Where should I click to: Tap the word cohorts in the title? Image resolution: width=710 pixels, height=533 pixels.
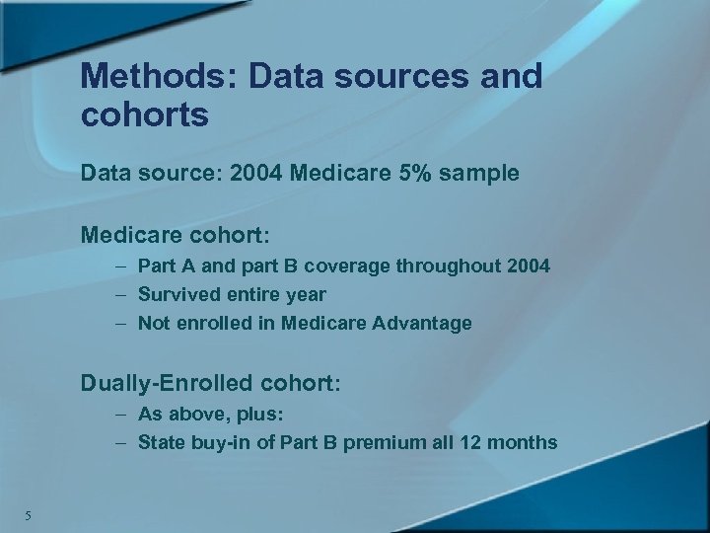pyautogui.click(x=145, y=115)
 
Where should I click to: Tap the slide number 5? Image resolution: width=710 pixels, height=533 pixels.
pyautogui.click(x=30, y=514)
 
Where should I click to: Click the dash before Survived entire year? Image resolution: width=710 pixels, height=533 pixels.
pyautogui.click(x=119, y=294)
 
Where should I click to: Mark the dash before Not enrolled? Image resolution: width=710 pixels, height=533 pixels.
pyautogui.click(x=119, y=323)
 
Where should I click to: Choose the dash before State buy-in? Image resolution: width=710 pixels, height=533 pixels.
pyautogui.click(x=119, y=443)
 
